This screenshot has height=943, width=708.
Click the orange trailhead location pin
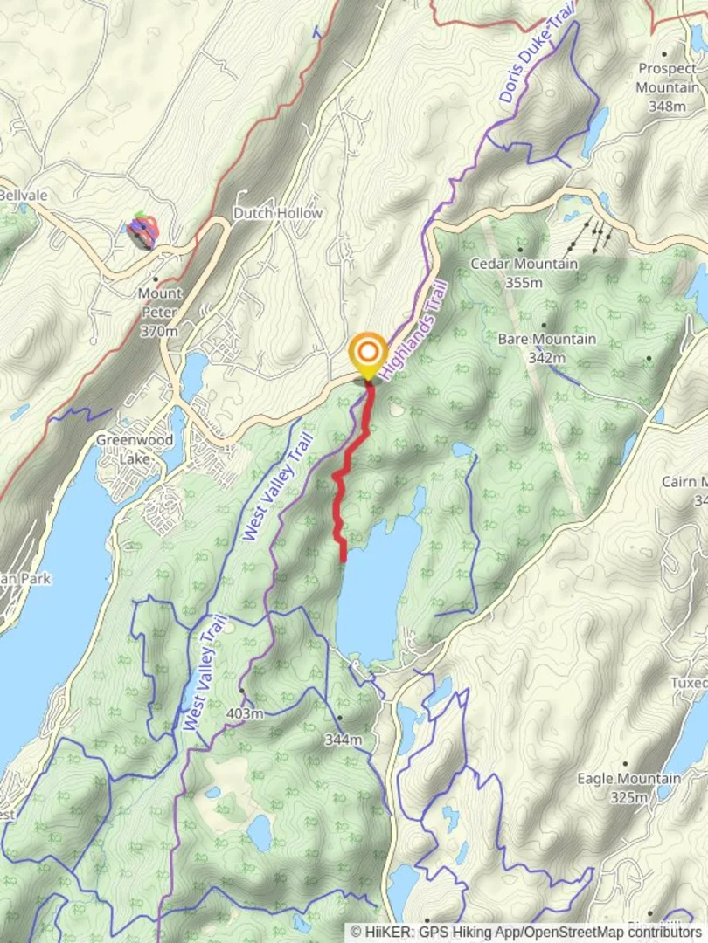pyautogui.click(x=368, y=354)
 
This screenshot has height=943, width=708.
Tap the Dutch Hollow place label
pyautogui.click(x=278, y=213)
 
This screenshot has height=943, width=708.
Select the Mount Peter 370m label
pyautogui.click(x=159, y=312)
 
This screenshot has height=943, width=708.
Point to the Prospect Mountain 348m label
pyautogui.click(x=668, y=87)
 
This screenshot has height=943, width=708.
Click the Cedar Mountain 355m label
pyautogui.click(x=524, y=272)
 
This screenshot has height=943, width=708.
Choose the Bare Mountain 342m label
pyautogui.click(x=546, y=348)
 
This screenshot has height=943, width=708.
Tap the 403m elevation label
pyautogui.click(x=245, y=714)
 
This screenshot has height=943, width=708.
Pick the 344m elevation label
pyautogui.click(x=343, y=740)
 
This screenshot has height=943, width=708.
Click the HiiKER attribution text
pyautogui.click(x=524, y=932)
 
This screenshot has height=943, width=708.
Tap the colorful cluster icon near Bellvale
pyautogui.click(x=142, y=231)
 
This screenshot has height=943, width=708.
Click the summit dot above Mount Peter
pyautogui.click(x=155, y=279)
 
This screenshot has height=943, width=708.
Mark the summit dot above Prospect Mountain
pyautogui.click(x=664, y=54)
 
